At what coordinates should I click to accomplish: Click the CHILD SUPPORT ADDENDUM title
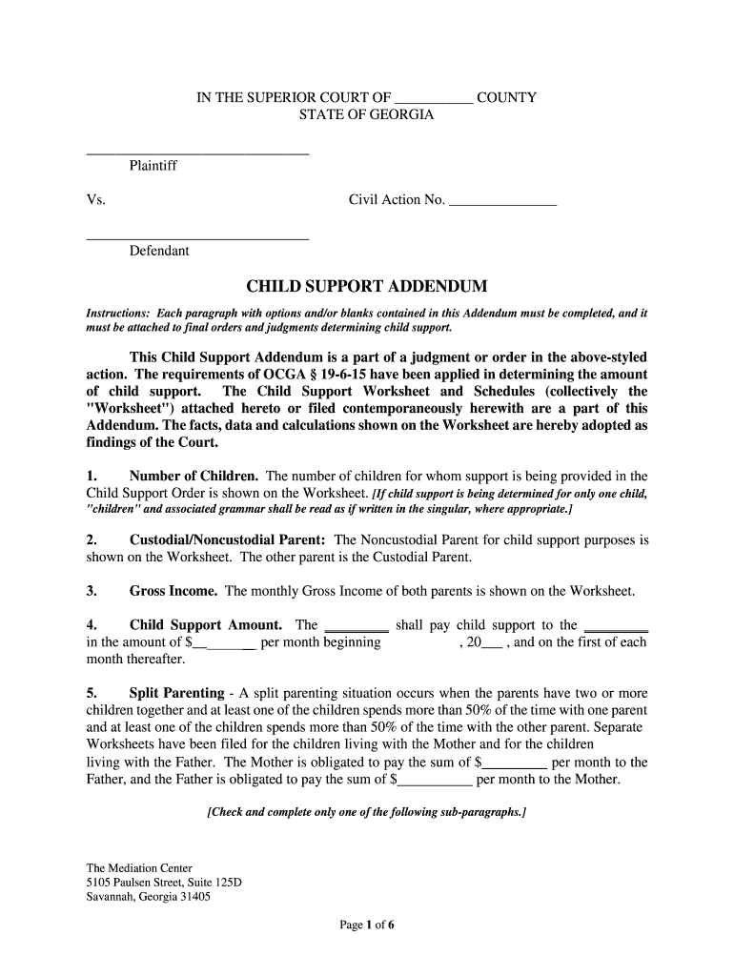pos(367,286)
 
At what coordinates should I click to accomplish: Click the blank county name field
pos(433,98)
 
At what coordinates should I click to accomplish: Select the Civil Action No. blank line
pos(502,201)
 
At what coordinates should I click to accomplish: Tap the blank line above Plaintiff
pos(197,152)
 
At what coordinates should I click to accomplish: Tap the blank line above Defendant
pos(197,237)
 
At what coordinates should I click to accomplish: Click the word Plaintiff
pos(153,166)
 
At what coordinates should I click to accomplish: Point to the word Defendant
pos(159,251)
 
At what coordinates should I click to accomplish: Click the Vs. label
pos(95,200)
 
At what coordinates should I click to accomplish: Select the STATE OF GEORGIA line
pos(367,114)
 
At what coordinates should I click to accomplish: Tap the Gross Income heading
pos(173,591)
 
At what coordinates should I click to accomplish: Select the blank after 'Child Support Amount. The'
pos(357,627)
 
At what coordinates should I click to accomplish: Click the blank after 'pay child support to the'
pos(615,627)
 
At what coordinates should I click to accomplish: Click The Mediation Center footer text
pos(139,868)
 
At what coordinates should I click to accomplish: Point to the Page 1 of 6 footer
pos(367,924)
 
